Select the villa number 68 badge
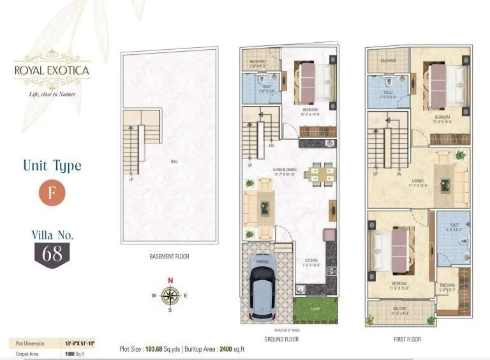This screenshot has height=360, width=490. (x=52, y=253)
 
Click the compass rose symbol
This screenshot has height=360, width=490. (x=170, y=295)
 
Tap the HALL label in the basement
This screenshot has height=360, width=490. (x=174, y=162)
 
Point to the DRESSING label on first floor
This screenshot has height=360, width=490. (x=447, y=285)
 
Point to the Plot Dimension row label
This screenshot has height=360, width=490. (x=30, y=343)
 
